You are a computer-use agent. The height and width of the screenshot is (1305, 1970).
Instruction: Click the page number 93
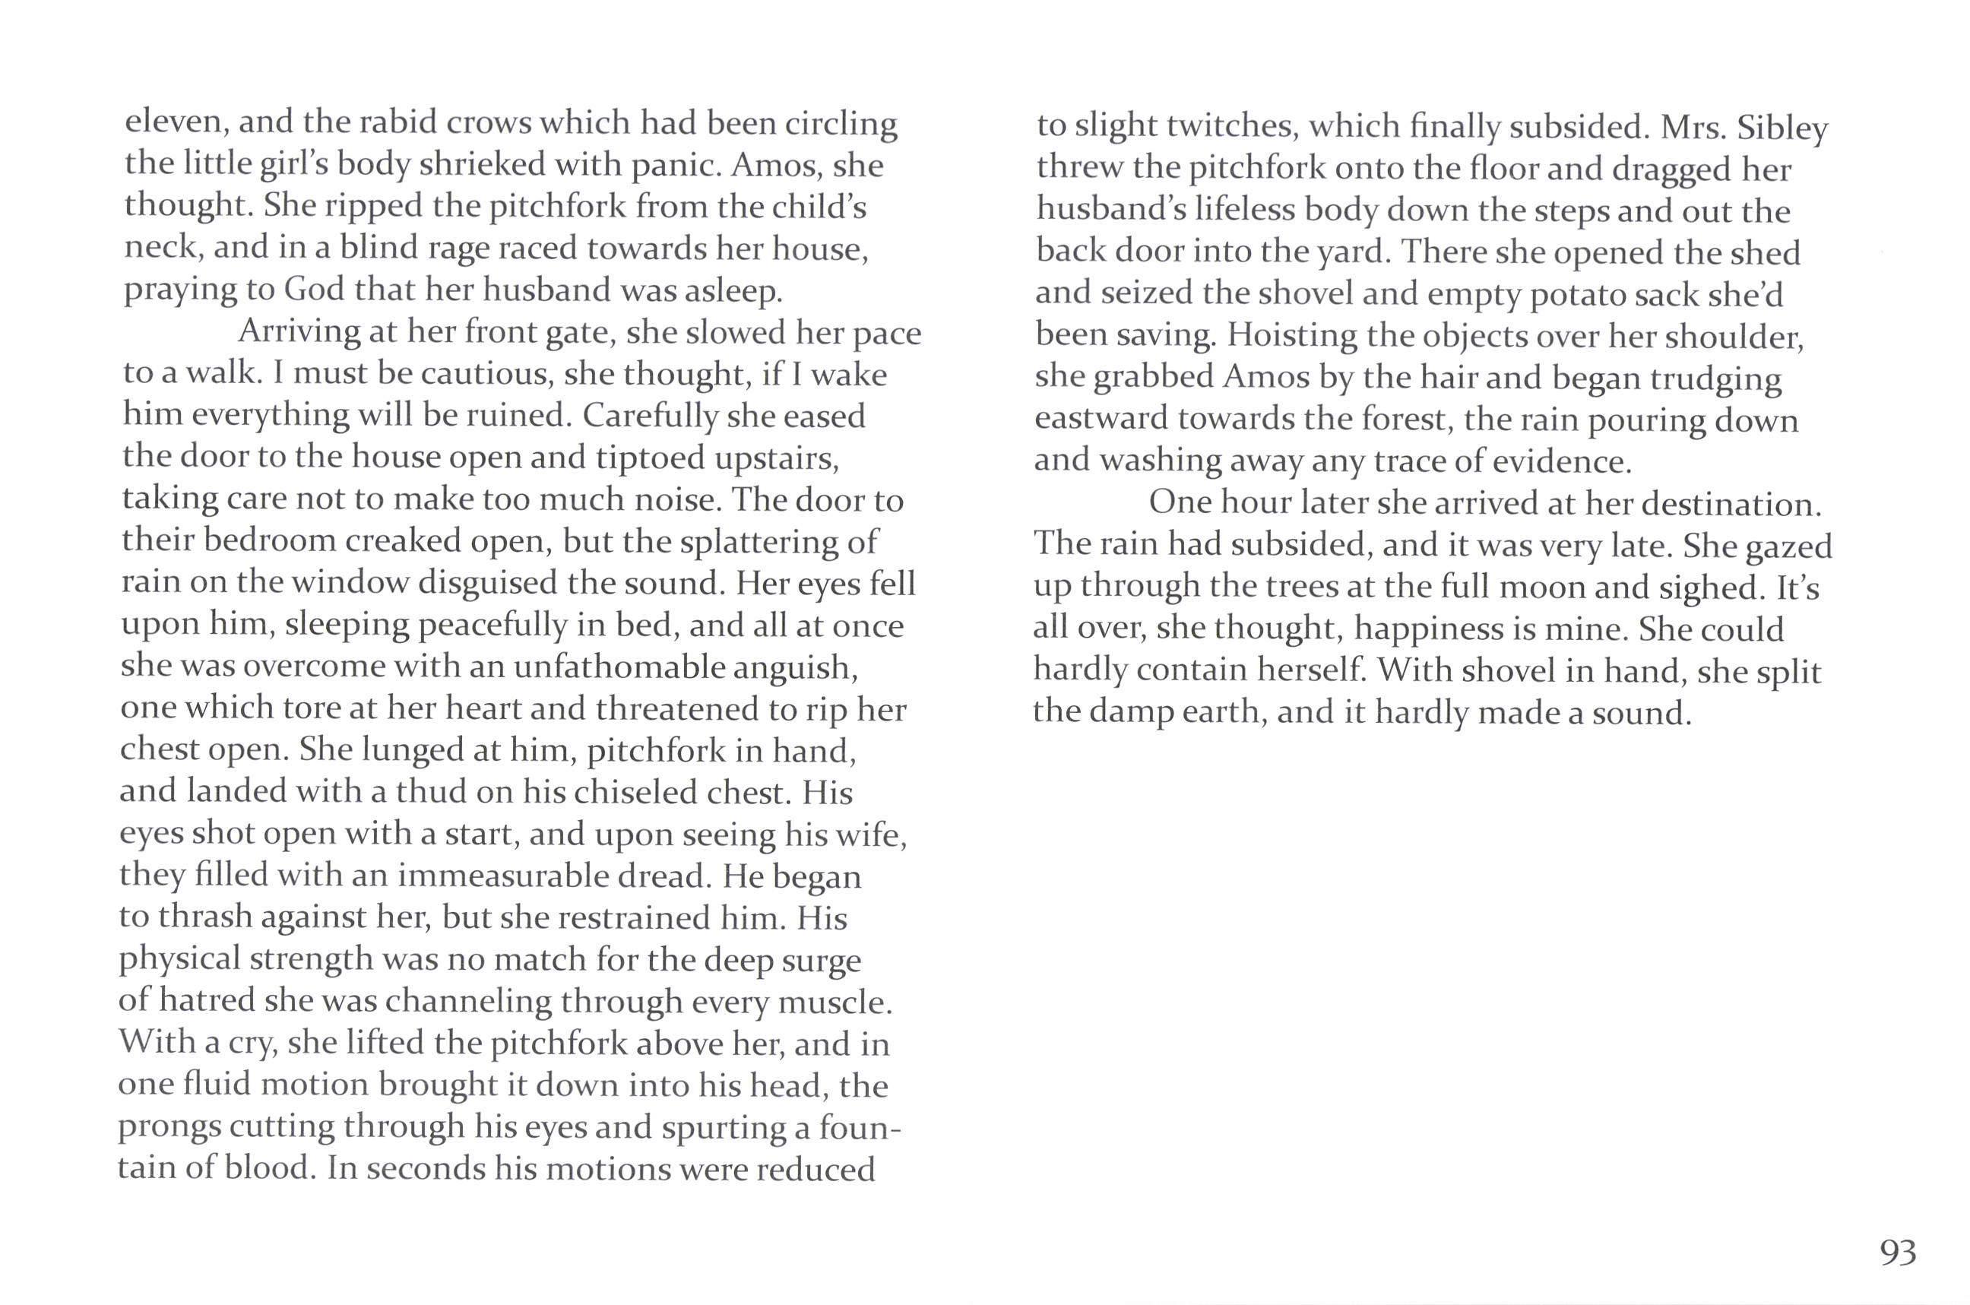pos(1898,1253)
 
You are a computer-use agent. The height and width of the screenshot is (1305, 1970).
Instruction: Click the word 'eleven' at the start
pos(176,122)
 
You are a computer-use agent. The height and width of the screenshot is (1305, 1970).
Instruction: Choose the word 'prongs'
pos(169,1127)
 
